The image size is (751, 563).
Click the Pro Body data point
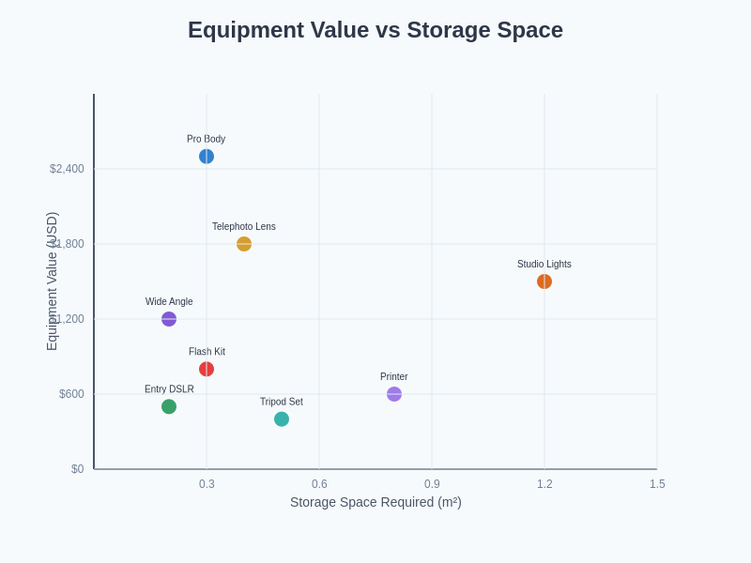207,157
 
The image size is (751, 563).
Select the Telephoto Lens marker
244,244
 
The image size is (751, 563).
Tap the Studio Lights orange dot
544,281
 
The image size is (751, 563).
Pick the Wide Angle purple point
169,319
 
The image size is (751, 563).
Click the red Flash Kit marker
207,369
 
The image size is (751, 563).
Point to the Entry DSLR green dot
169,406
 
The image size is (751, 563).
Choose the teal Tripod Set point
282,419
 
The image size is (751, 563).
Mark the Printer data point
394,394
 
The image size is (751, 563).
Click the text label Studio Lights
544,265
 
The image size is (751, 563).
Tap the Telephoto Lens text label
244,227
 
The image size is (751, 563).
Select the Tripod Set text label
282,402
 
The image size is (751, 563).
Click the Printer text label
394,377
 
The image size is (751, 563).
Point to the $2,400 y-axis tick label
67,169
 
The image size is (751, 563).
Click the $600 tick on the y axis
71,394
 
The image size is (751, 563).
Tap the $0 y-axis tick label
77,469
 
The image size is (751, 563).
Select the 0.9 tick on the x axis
432,484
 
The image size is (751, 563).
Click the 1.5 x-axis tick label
657,484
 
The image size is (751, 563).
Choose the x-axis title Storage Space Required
375,502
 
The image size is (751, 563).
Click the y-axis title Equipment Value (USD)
53,281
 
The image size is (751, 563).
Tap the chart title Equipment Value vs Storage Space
375,30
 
